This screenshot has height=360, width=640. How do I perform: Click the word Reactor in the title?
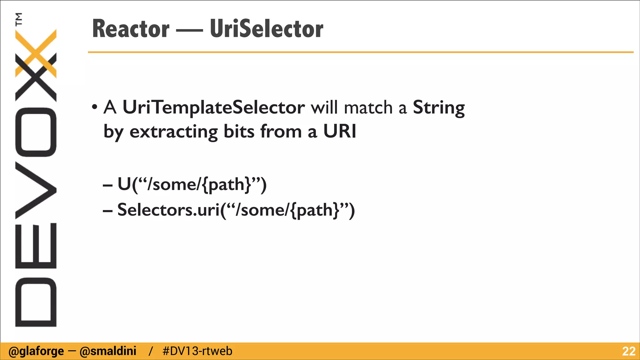(x=131, y=29)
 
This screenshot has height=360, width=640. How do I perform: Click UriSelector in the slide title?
(x=267, y=29)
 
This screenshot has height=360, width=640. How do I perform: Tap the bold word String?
(x=438, y=108)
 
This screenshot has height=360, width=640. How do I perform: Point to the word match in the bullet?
(x=368, y=108)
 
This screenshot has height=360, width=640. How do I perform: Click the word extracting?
(x=173, y=132)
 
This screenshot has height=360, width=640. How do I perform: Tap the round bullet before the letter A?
(x=95, y=107)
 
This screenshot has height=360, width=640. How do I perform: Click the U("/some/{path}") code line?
(x=192, y=184)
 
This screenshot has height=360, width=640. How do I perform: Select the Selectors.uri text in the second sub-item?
(x=169, y=210)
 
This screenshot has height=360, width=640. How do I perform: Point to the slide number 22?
(x=628, y=351)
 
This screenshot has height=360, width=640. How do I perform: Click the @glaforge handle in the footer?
(x=36, y=351)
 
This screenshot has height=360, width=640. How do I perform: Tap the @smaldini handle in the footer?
(x=108, y=351)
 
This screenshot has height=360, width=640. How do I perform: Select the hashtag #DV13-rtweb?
(x=197, y=351)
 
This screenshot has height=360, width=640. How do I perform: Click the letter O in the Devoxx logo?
(x=36, y=132)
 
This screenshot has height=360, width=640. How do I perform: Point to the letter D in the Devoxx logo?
(x=36, y=302)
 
